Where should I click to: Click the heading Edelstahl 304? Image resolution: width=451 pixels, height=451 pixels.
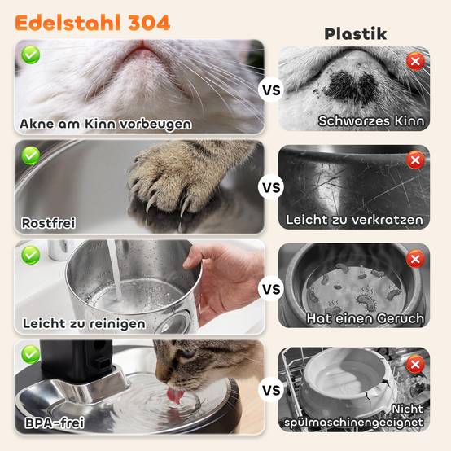pyautogui.click(x=92, y=23)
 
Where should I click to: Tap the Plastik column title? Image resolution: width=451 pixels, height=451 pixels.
pyautogui.click(x=356, y=34)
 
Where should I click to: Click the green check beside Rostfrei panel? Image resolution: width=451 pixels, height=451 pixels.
pyautogui.click(x=31, y=155)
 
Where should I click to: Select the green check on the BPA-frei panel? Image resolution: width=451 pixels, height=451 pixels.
pyautogui.click(x=31, y=354)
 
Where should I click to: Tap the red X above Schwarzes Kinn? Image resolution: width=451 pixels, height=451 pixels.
pyautogui.click(x=415, y=61)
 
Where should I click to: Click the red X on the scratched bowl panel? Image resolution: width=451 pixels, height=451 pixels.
pyautogui.click(x=415, y=160)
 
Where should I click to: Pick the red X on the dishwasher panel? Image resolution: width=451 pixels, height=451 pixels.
pyautogui.click(x=415, y=365)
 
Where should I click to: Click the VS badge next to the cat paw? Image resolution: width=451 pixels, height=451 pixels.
pyautogui.click(x=271, y=187)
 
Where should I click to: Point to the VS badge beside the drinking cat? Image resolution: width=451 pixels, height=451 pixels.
pyautogui.click(x=271, y=390)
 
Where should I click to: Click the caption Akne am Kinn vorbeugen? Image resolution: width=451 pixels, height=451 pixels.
pyautogui.click(x=106, y=125)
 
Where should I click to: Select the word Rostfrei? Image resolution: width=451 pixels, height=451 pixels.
pyautogui.click(x=49, y=223)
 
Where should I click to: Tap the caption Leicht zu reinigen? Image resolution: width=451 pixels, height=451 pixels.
pyautogui.click(x=84, y=323)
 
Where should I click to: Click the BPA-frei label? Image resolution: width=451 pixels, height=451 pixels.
pyautogui.click(x=55, y=423)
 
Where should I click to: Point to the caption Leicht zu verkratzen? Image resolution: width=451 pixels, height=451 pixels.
pyautogui.click(x=354, y=220)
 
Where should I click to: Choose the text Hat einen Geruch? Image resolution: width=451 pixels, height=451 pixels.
pyautogui.click(x=365, y=318)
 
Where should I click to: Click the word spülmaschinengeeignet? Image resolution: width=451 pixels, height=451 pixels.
pyautogui.click(x=353, y=423)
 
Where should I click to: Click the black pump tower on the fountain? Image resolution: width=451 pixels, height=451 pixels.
pyautogui.click(x=76, y=360)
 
